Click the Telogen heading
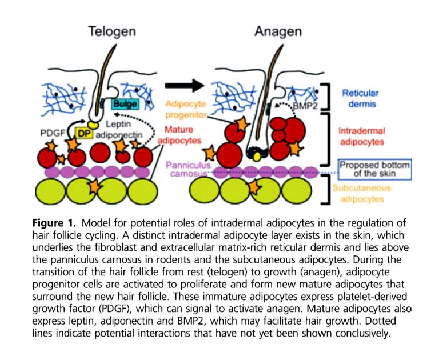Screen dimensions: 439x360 coord(112,31)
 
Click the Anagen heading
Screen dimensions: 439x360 coord(278,31)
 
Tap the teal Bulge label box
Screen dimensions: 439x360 coord(125,105)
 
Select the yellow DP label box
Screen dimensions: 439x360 coord(84,134)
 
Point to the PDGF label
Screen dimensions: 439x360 coord(53,133)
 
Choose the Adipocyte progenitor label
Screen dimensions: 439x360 coord(186,109)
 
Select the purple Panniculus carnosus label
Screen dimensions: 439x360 coord(188,169)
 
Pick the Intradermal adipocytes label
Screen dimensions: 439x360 coord(362,137)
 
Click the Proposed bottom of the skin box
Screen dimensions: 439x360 coord(374,169)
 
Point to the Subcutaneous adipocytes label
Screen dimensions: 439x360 coord(361,194)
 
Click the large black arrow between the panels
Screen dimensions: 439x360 coord(185,85)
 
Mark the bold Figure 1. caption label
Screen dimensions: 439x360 coord(54,223)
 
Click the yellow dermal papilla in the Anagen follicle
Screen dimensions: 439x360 coord(256,157)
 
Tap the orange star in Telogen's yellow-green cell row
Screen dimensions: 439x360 coord(95,187)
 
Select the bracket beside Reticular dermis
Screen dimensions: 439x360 coord(326,96)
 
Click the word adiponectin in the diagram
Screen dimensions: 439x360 coord(119,135)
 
